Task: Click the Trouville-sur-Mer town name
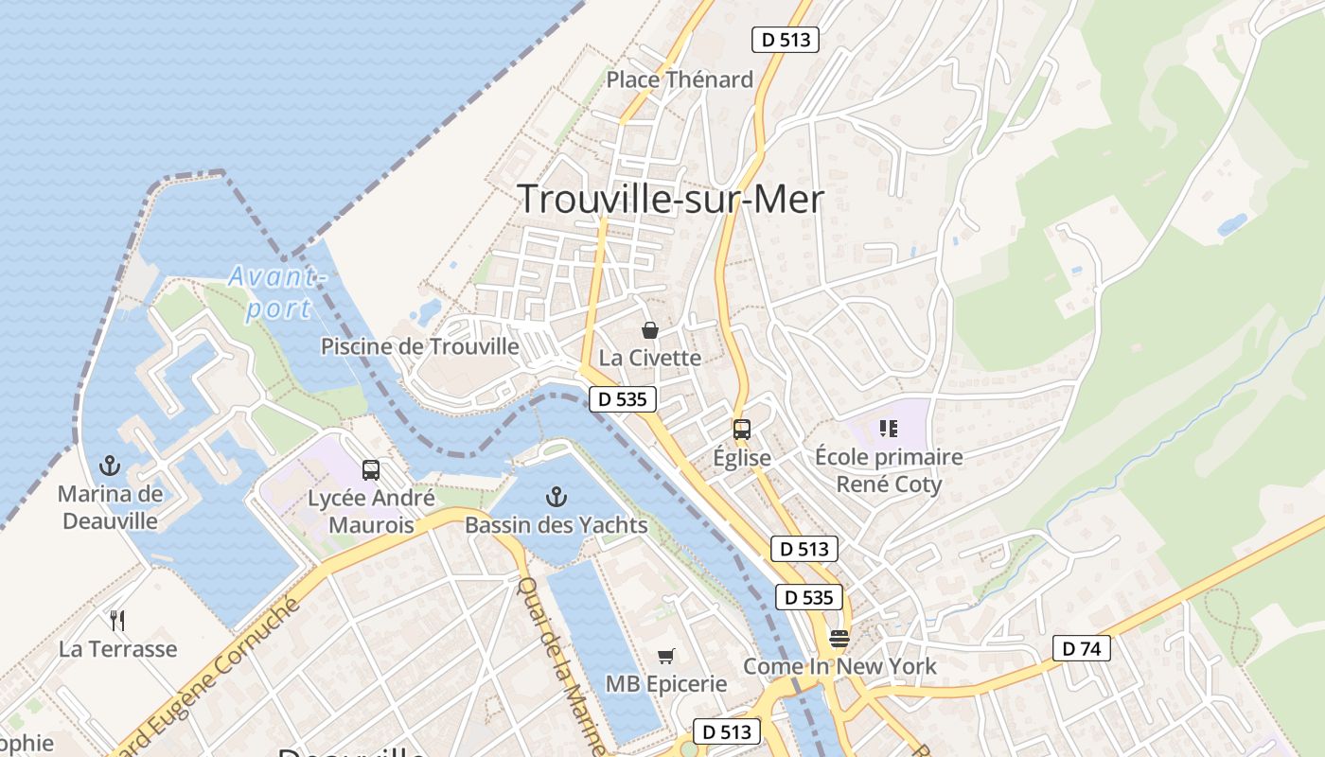tap(671, 200)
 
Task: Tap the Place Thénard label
tap(680, 79)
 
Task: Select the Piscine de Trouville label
tap(419, 346)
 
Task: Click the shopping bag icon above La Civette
tap(650, 330)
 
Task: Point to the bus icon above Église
tap(742, 430)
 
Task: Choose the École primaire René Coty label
tap(889, 470)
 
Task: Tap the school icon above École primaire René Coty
tap(888, 430)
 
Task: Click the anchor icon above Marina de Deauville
tap(111, 466)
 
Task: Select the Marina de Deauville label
tap(111, 507)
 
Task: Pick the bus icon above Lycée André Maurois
tap(371, 470)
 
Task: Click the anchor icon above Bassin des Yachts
tap(556, 497)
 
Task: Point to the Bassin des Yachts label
tap(556, 525)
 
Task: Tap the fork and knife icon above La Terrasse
tap(117, 621)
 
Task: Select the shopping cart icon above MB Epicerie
tap(666, 656)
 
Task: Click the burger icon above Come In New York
tap(839, 638)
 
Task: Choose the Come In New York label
tap(839, 666)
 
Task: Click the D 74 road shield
tap(1081, 648)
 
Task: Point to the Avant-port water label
tap(275, 292)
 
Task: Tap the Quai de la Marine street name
tap(561, 662)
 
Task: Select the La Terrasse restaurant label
tap(117, 649)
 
